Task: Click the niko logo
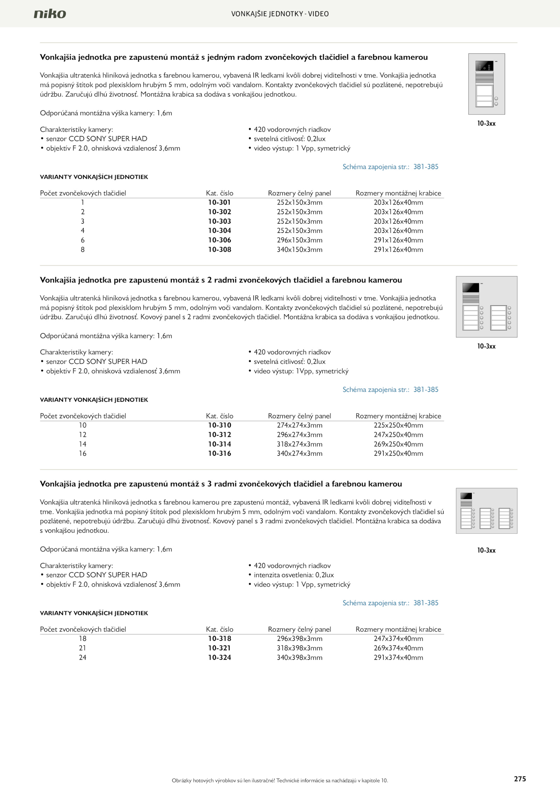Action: coord(50,14)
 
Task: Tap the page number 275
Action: coord(520,779)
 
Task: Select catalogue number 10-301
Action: coord(219,202)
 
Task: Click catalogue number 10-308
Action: coord(219,250)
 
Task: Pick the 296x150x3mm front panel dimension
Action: coord(300,240)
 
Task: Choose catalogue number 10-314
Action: coord(219,444)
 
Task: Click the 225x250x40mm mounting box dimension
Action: coord(398,425)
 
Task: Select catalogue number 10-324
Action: coord(219,658)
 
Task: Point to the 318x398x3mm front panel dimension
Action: coord(300,648)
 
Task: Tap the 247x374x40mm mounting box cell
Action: coord(398,639)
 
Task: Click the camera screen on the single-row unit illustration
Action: coord(484,66)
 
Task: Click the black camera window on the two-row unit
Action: coord(471,288)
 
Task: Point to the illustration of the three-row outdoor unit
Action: coord(486,511)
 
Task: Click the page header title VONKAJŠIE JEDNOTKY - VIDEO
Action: coord(280,14)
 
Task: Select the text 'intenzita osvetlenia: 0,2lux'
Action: coord(294,575)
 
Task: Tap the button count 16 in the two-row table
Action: coord(83,454)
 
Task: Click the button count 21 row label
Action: coord(83,648)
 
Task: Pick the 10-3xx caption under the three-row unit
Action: coord(486,550)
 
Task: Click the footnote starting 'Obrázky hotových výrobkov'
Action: coord(280,780)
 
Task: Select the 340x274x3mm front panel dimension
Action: coord(300,454)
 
